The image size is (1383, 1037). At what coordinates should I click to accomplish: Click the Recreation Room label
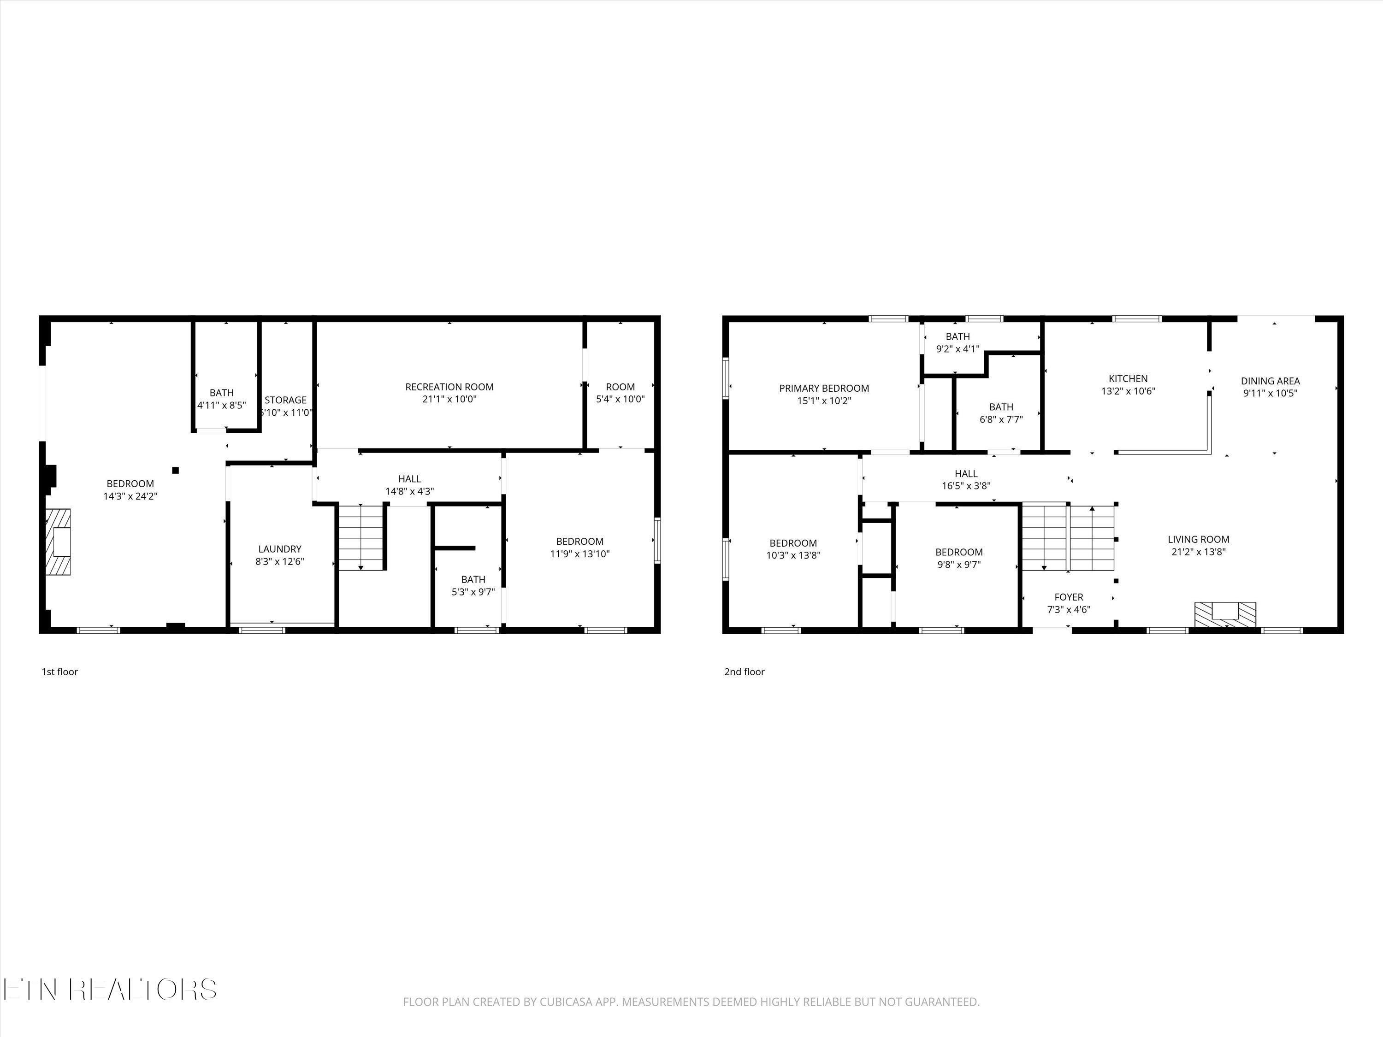[x=449, y=387]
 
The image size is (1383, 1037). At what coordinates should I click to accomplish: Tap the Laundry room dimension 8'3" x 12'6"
[x=279, y=561]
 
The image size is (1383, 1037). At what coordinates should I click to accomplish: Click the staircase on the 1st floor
[x=361, y=537]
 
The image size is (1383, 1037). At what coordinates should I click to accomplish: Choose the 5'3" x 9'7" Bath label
[x=473, y=579]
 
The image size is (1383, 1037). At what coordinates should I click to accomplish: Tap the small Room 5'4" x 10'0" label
[x=620, y=387]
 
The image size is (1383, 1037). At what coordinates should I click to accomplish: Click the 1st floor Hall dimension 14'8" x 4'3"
[x=409, y=491]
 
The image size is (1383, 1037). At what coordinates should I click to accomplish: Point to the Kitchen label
[x=1128, y=378]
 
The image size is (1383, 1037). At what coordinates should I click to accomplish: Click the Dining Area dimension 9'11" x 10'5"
[x=1270, y=393]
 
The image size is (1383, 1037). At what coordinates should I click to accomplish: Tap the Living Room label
[x=1198, y=539]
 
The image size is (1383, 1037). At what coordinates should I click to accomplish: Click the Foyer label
[x=1069, y=597]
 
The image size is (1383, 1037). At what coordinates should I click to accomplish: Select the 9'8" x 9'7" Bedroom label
[x=958, y=552]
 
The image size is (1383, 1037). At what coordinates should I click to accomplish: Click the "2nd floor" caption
[x=744, y=672]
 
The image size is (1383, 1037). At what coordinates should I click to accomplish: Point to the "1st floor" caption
[x=59, y=672]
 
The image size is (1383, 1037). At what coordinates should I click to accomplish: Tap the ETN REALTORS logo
[x=109, y=990]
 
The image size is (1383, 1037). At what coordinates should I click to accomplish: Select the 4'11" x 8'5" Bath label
[x=221, y=393]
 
